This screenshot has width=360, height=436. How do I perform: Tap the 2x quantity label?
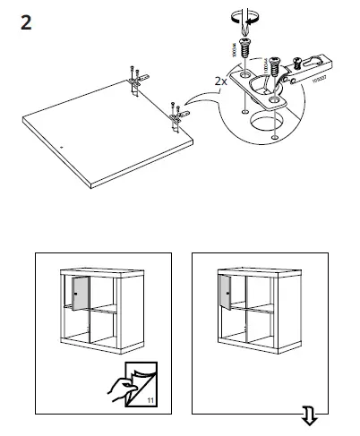[220, 81]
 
